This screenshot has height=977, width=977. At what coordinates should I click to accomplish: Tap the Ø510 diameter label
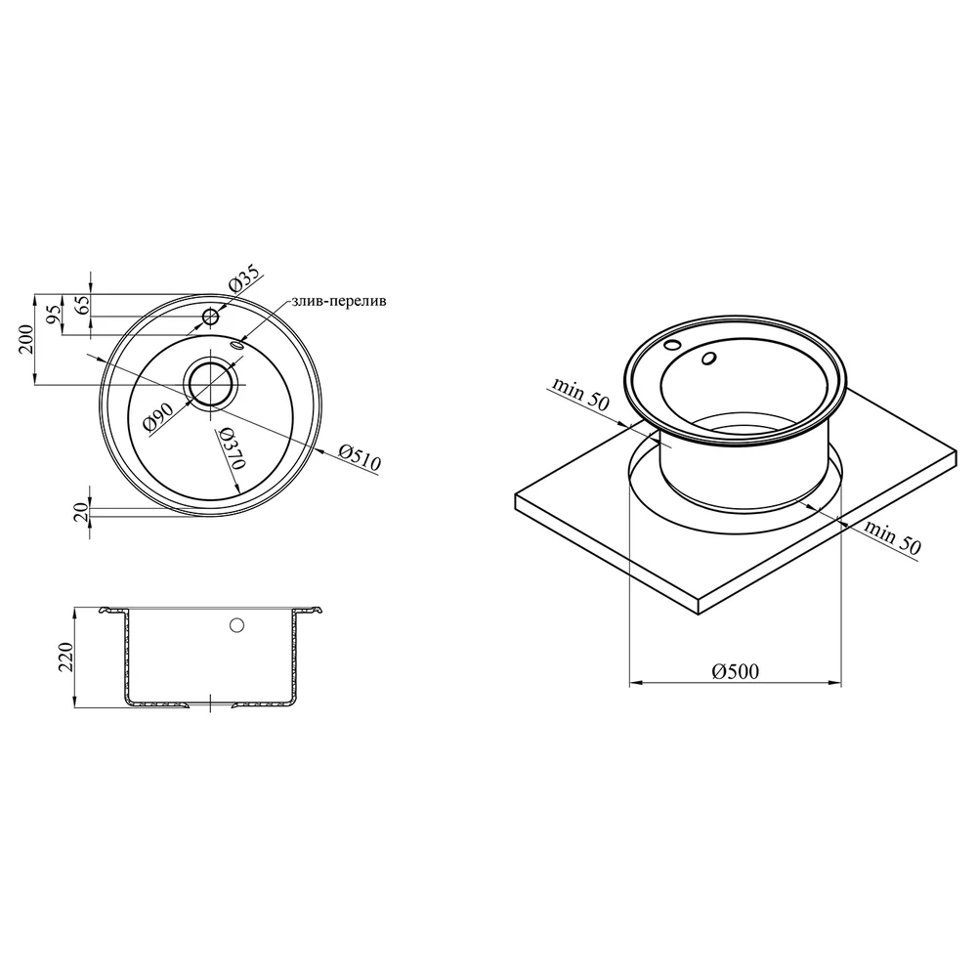click(359, 456)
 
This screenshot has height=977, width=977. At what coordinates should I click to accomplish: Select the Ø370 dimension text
click(232, 449)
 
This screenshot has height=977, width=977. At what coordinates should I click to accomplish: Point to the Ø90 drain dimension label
click(157, 417)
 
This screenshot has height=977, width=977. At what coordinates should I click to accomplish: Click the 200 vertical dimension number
click(25, 339)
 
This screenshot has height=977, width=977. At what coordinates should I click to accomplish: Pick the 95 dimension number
click(56, 314)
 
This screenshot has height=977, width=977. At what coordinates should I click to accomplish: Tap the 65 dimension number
click(83, 305)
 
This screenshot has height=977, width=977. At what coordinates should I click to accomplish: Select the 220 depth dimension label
click(65, 657)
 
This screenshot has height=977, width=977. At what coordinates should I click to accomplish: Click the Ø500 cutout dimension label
click(736, 671)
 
